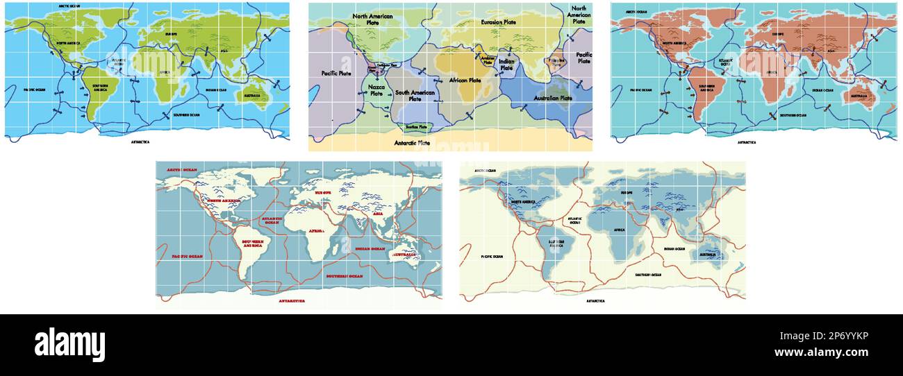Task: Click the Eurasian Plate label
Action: (498, 22)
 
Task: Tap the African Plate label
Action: (465, 80)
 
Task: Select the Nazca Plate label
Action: (376, 89)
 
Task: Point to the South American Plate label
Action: (415, 95)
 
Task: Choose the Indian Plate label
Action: (506, 65)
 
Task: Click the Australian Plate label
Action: (552, 98)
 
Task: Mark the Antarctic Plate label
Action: (412, 143)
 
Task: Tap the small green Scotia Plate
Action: (416, 127)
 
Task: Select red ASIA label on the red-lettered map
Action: (378, 214)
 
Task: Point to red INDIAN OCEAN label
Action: (369, 248)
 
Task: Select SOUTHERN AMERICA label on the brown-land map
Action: (707, 87)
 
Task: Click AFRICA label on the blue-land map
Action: (619, 230)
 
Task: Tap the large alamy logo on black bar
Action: (69, 345)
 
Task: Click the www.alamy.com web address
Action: (821, 352)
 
